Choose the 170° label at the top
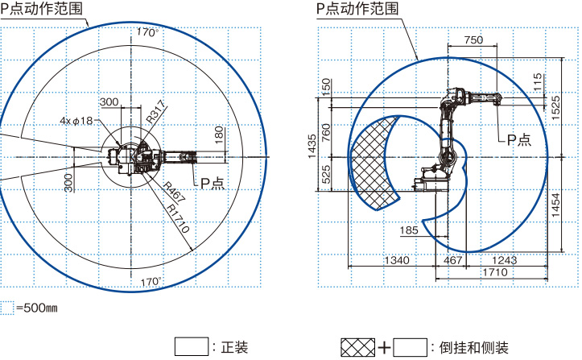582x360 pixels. (147, 32)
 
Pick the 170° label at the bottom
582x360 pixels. (150, 281)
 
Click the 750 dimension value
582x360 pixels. (474, 39)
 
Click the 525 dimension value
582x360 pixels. (326, 175)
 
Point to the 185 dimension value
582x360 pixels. (409, 230)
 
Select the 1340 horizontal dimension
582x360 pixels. (396, 260)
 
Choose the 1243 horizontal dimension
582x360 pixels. (504, 260)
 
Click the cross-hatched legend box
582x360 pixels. (357, 347)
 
